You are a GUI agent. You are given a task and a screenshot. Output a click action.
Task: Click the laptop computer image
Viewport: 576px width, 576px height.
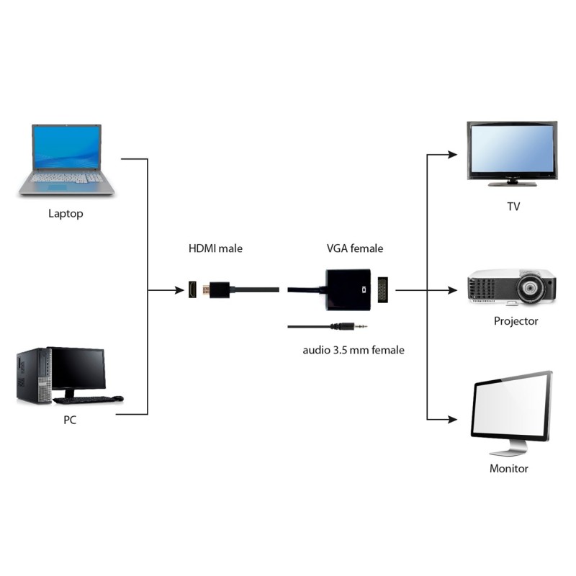66,159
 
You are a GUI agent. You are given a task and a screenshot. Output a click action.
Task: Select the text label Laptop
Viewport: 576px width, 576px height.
66,214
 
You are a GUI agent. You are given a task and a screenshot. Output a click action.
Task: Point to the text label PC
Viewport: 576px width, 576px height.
69,420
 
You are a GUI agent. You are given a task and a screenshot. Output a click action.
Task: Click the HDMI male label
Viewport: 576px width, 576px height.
215,248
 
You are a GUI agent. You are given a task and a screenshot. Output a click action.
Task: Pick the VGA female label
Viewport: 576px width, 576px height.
354,248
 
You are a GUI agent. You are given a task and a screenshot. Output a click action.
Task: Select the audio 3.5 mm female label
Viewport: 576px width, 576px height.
353,350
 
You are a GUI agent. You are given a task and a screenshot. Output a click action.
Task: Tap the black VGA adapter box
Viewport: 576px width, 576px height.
347,289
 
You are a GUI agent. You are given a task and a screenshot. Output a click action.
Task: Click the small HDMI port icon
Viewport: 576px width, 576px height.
193,290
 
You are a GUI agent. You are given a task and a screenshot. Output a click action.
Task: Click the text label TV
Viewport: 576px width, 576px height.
513,207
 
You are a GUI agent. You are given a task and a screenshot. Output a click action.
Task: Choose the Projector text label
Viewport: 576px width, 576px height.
516,321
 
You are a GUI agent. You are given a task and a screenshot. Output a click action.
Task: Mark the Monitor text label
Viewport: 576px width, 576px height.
509,469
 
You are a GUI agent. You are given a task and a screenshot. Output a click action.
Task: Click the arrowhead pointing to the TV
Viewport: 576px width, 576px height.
453,154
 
